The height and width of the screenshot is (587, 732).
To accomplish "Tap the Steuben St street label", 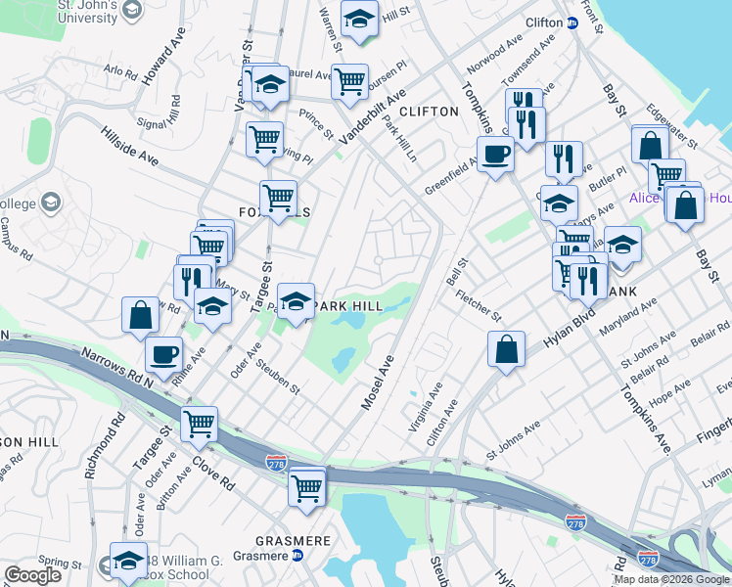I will coord(279,376).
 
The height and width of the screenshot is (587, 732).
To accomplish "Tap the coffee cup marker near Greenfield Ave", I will coord(495,154).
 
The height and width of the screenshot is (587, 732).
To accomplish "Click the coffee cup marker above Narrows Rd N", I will coord(163,354).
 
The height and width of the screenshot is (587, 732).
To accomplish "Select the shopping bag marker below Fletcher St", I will coord(505,349).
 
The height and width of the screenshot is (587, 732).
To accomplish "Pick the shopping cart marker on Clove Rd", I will coord(199,424).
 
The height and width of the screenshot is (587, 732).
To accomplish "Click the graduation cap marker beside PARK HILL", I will coord(295,299).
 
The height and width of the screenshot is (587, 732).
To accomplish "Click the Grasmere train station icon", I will coord(297,556).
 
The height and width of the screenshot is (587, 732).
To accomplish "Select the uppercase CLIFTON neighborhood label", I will coord(429,112).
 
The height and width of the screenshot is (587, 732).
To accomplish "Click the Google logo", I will coord(32,575).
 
